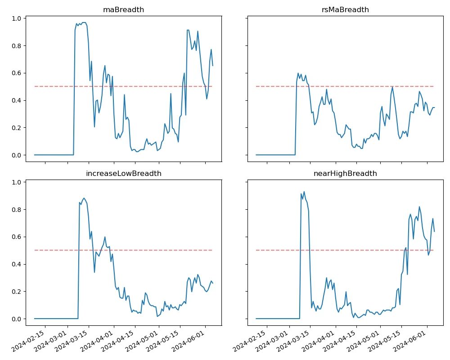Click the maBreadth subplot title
click(x=123, y=9)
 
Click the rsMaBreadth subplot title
click(x=345, y=9)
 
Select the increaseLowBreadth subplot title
click(x=123, y=173)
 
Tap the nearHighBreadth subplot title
click(x=345, y=173)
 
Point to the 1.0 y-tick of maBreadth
click(x=16, y=18)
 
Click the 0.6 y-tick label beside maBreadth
click(x=16, y=73)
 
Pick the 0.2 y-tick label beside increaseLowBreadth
click(x=16, y=292)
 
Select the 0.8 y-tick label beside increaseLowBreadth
click(x=16, y=210)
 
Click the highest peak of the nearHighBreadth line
click(x=304, y=192)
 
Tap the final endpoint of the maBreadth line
click(x=213, y=66)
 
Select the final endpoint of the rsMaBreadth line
click(x=434, y=108)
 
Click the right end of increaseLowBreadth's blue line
click(x=213, y=283)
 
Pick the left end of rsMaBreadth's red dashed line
click(x=256, y=86)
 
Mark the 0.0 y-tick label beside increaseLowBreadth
click(x=16, y=319)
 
